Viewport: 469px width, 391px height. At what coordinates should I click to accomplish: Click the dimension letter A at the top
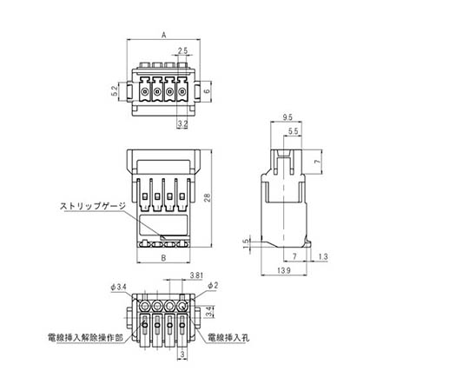point(163,36)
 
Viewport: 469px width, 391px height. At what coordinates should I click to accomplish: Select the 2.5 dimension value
point(182,50)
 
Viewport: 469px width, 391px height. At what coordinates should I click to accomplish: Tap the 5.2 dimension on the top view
point(114,91)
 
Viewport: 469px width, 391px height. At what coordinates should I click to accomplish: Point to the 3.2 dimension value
point(182,123)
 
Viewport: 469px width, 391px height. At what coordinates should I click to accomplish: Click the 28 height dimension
point(208,198)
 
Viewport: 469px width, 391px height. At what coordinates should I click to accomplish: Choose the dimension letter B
point(163,257)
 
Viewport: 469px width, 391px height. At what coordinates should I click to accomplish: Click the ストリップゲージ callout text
point(93,206)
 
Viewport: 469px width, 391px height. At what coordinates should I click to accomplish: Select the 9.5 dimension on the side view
point(287,117)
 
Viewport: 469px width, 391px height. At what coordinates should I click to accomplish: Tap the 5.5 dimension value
point(294,131)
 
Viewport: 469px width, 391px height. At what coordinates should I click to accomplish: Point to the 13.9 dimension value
point(284,271)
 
